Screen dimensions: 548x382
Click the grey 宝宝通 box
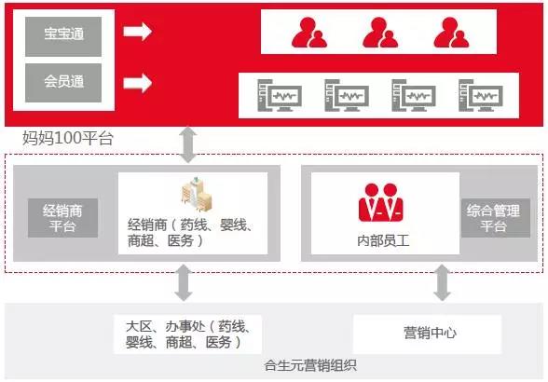coord(63,36)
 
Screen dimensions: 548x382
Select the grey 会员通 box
coord(63,83)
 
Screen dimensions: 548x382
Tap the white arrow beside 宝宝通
coord(137,31)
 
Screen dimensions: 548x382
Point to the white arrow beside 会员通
coord(137,83)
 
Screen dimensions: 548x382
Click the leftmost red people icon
coord(309,33)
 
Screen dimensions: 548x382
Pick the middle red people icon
coord(380,33)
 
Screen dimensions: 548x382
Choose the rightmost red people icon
coord(451,33)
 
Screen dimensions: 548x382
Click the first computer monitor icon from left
coord(280,95)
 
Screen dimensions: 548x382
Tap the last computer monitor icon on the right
coord(481,95)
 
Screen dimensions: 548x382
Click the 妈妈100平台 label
coord(68,138)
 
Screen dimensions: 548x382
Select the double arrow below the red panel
coord(188,144)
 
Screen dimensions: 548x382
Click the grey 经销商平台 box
coord(63,218)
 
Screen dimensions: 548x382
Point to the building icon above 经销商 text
coord(197,195)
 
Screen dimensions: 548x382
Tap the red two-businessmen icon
coord(381,203)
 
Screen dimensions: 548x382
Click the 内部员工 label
coord(383,240)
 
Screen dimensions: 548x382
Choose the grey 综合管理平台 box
coord(496,218)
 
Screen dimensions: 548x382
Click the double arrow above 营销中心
coord(443,282)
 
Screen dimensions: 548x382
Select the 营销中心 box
coord(427,334)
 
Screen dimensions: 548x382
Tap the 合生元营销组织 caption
coord(310,365)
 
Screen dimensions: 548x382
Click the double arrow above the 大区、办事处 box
coord(184,282)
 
